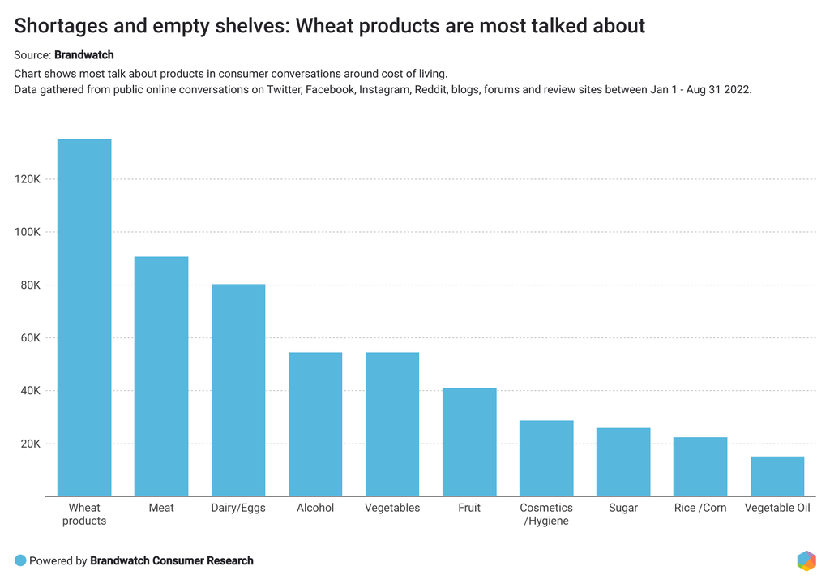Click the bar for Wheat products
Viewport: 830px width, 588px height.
84,317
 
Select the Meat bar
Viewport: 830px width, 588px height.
161,376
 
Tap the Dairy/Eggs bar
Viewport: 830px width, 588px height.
238,390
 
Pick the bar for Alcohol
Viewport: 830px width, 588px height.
315,424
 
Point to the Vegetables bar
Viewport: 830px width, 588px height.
392,424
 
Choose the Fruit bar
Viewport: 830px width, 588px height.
469,442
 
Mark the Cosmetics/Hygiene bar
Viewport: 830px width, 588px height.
546,458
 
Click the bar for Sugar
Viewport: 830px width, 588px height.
623,461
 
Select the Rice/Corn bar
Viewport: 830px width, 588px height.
700,466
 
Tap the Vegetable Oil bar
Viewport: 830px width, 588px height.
777,476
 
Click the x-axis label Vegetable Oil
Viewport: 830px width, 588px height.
777,508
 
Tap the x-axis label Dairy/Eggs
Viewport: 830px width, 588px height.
238,508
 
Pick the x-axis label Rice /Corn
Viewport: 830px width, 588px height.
700,508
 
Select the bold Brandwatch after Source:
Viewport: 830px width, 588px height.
83,55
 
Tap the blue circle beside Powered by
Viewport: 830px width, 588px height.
20,560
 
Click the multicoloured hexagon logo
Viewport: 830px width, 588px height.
806,560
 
